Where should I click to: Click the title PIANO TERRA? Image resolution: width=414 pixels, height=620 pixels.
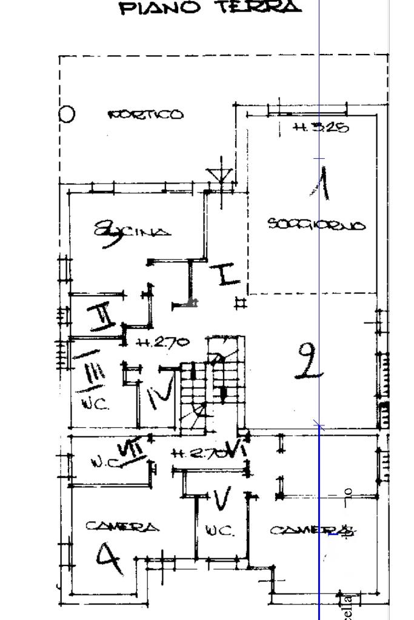click(210, 8)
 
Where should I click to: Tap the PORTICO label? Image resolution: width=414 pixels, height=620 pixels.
click(145, 115)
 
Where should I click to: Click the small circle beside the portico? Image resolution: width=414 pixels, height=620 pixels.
click(67, 114)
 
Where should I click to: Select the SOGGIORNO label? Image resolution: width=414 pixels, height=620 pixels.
click(317, 225)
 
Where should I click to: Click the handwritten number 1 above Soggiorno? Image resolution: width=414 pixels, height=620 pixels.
click(323, 184)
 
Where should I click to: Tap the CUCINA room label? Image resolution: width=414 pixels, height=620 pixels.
click(132, 231)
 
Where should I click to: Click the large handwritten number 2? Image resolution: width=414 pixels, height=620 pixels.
click(309, 361)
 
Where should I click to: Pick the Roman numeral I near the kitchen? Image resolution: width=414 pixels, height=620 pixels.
click(227, 274)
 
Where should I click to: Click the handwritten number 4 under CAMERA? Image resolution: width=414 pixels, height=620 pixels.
click(110, 559)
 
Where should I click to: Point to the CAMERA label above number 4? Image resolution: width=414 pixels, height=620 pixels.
click(123, 527)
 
